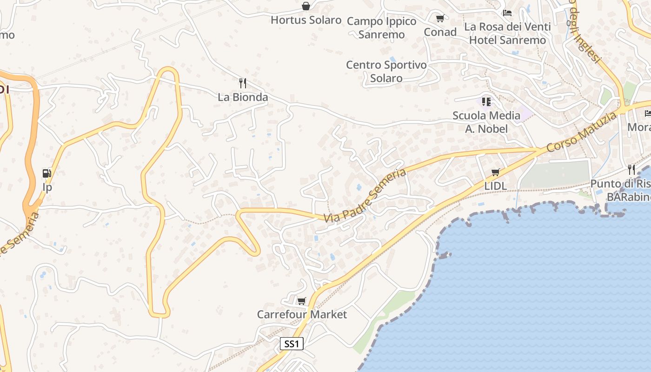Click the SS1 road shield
[292, 344]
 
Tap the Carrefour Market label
[302, 315]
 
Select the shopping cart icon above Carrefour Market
[302, 301]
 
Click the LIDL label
[495, 186]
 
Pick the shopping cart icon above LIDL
[496, 173]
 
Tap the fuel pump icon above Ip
[47, 173]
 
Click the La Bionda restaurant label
[243, 97]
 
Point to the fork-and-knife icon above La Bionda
[242, 83]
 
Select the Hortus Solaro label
[306, 20]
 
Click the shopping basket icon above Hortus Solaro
[306, 6]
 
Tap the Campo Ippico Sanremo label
[382, 28]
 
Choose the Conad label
[440, 32]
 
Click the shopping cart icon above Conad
[440, 19]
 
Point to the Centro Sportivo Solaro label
[386, 72]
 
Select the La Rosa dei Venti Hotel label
[507, 33]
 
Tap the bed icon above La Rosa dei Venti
[507, 13]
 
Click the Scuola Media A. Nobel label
[486, 122]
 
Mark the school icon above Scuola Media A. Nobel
[486, 101]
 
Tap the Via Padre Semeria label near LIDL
[365, 195]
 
